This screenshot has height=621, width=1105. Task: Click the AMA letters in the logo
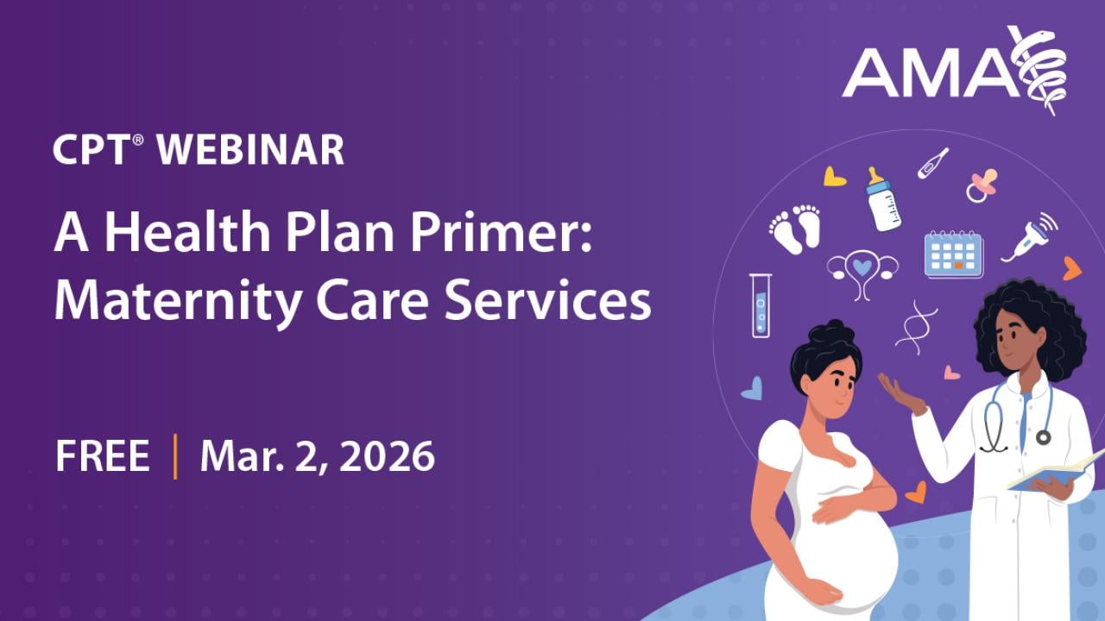(928, 73)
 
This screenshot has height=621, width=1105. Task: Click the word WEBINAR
(250, 150)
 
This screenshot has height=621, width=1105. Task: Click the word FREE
(103, 456)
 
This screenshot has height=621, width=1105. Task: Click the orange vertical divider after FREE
(175, 456)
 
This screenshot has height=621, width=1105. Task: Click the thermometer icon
(932, 163)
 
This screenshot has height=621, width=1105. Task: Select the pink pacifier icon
(982, 185)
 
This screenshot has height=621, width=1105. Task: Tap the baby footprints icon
(795, 229)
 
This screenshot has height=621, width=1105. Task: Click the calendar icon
(953, 254)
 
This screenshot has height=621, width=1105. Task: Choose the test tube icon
(761, 304)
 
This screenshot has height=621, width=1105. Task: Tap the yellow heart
(834, 177)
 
